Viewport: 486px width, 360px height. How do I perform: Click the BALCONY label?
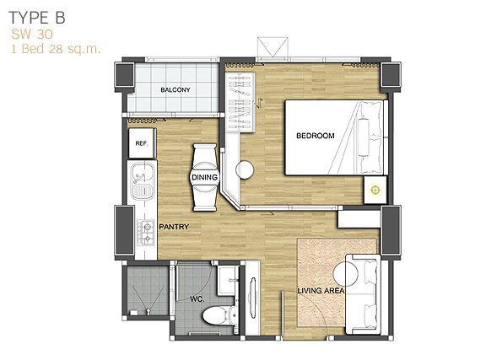[175, 90]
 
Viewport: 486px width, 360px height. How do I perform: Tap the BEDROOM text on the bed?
[316, 136]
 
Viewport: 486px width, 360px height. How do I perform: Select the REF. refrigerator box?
[142, 143]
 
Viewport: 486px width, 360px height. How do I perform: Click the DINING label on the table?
[204, 178]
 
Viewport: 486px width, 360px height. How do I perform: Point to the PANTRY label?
[174, 227]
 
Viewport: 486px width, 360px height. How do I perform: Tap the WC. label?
[197, 299]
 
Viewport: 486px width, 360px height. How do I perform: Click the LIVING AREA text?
[321, 291]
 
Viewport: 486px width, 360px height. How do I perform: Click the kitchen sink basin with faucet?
[143, 173]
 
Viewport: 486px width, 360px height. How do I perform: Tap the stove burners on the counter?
[146, 233]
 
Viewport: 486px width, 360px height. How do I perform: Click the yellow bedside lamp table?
[375, 190]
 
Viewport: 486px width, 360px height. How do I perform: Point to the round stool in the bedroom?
[245, 169]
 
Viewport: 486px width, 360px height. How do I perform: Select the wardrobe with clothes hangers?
[240, 103]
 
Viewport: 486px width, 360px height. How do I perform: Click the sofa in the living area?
[363, 294]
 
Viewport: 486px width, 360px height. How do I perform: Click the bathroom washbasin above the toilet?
[228, 280]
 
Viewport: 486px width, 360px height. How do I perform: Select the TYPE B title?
[37, 18]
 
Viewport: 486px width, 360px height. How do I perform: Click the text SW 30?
[32, 35]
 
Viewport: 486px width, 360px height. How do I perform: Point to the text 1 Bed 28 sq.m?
[56, 49]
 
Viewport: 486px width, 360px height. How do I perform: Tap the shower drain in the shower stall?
[148, 310]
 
